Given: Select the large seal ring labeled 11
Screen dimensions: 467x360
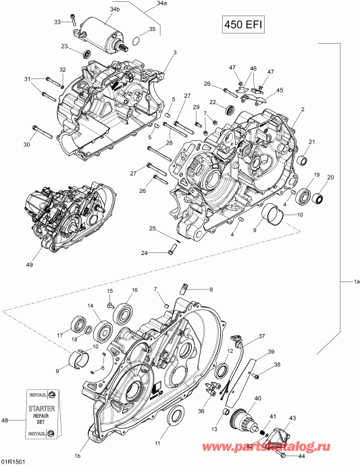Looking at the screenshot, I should pos(174,418).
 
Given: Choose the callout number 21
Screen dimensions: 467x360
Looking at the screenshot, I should pos(312,141).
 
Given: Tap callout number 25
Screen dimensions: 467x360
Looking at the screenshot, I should pos(154,229).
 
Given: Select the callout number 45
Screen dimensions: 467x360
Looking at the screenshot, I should pos(280,90).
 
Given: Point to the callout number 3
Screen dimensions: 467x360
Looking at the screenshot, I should pos(174,52).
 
